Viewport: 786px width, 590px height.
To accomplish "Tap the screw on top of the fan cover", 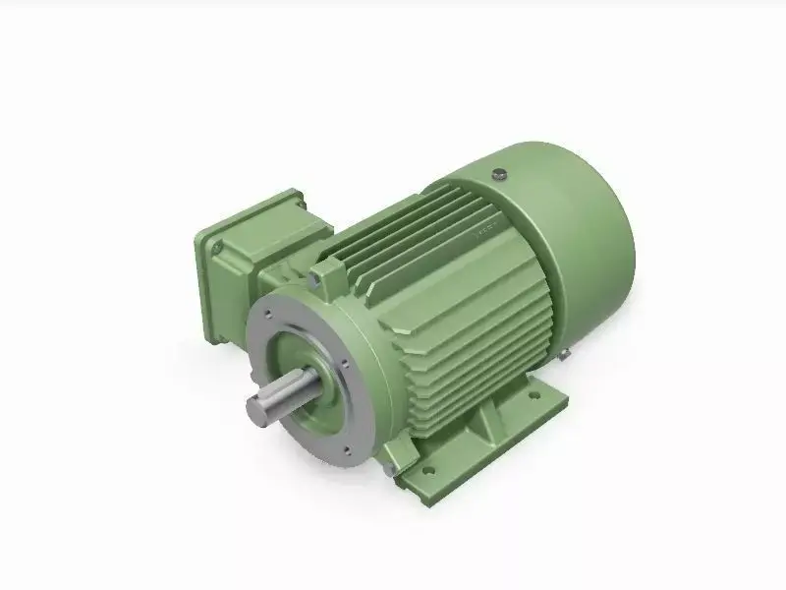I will tap(500, 174).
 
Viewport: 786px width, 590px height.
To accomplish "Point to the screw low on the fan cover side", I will tap(567, 351).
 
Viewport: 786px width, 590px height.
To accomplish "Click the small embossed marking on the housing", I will tap(484, 234).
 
